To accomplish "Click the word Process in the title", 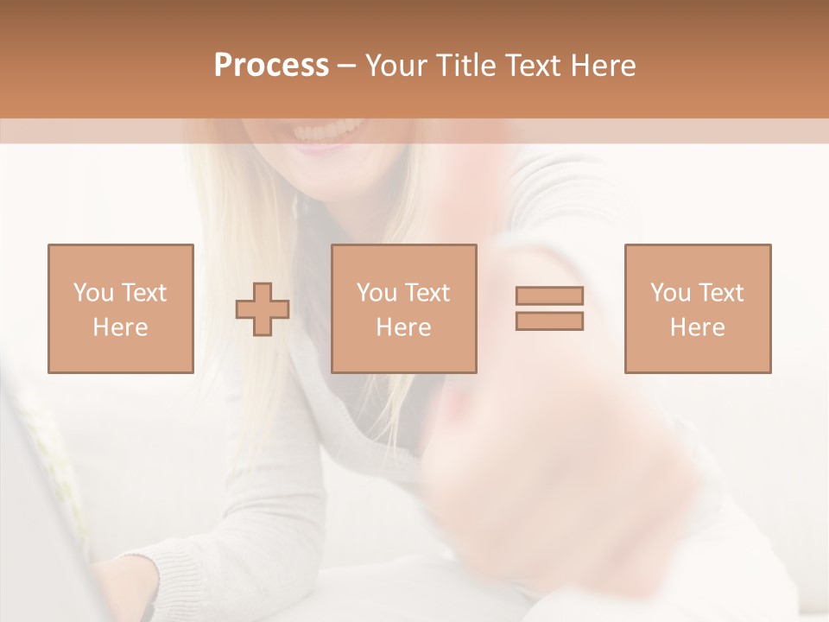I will [x=271, y=66].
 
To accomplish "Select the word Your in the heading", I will [x=396, y=66].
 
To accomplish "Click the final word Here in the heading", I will [x=603, y=66].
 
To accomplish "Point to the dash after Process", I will [x=347, y=66].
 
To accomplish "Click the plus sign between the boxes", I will [x=263, y=309].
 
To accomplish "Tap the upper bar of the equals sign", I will [x=549, y=295].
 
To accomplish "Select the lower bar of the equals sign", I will [x=549, y=321].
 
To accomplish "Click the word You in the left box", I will [x=92, y=293].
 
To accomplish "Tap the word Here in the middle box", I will [x=403, y=327].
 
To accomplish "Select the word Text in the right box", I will [x=721, y=293].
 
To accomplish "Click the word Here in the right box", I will [x=698, y=327].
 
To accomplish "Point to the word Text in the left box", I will [x=143, y=293].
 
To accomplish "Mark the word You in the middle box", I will [x=376, y=293].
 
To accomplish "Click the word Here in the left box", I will [x=120, y=327].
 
